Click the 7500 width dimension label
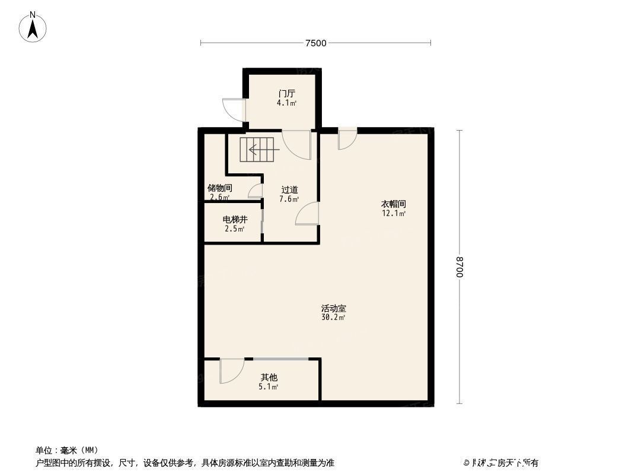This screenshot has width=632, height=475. point(316,43)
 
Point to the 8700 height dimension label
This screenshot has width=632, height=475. point(459,267)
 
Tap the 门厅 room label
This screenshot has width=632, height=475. point(287,94)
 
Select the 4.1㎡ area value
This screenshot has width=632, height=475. point(287,103)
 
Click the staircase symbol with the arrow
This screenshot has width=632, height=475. point(258,150)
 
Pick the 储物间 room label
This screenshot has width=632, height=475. point(219,188)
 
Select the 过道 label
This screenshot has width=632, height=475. point(289,190)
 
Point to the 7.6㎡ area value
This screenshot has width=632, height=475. point(289,199)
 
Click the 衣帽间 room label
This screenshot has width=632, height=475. point(393,204)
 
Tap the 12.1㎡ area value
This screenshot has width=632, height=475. point(393,213)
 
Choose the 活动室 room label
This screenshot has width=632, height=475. point(333,309)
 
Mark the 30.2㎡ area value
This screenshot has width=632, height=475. point(333,318)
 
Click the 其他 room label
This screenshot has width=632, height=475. point(269,378)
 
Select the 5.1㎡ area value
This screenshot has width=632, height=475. point(269,387)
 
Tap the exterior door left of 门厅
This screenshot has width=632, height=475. point(234,108)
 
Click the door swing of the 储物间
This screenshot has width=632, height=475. point(256,191)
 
